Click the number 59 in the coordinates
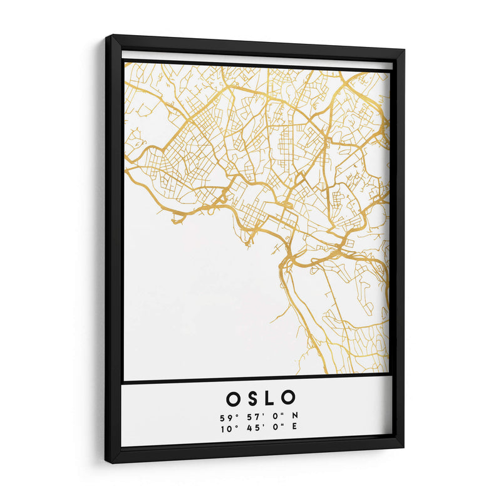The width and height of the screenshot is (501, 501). pos(225,416)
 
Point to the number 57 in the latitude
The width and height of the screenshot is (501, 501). pos(247,416)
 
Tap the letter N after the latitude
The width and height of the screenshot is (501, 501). pos(294,416)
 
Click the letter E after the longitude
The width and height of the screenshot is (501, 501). pos(294,428)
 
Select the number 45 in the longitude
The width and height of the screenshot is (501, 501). pos(247,428)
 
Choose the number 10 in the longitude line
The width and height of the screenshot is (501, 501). pos(225,428)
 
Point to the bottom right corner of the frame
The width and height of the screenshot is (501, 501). pos(402,445)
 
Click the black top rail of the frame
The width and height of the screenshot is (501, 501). pos(257,45)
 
